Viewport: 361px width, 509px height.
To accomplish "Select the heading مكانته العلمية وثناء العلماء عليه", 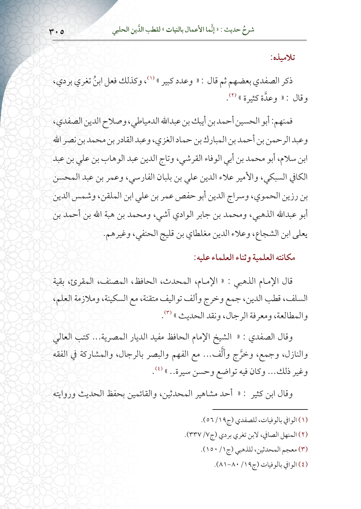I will coord(245,257).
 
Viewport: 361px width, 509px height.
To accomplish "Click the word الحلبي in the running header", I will coord(120,30).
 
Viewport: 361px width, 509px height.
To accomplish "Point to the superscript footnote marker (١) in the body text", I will coord(150,78).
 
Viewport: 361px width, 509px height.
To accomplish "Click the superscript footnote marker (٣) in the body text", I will coord(168,313).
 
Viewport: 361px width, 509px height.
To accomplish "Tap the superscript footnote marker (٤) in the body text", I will coord(158,369).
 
